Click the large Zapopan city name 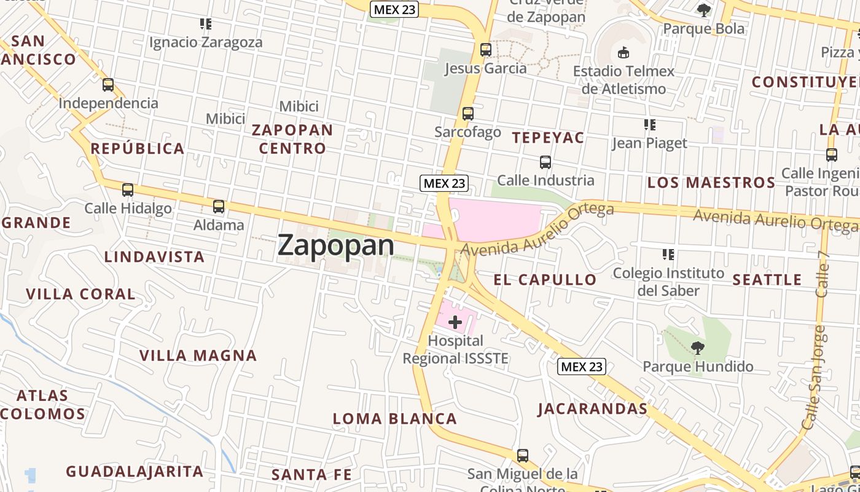pos(336,245)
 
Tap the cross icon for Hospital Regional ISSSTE pos(455,322)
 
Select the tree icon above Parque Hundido pos(697,349)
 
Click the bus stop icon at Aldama pos(219,207)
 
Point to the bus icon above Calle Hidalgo pos(128,190)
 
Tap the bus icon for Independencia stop pos(108,85)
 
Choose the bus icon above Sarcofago pos(468,114)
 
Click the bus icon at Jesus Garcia pos(486,50)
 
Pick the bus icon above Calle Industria pos(545,162)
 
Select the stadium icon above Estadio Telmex pos(623,53)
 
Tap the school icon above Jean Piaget pos(650,125)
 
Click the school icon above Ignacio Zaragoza pos(206,25)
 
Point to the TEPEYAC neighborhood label pos(548,138)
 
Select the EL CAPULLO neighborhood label pos(545,280)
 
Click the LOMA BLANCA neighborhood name pos(395,419)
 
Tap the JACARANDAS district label pos(592,409)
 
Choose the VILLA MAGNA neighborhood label pos(198,355)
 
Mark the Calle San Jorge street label pos(813,378)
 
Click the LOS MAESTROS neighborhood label pos(711,183)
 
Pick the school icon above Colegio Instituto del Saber pos(668,255)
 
